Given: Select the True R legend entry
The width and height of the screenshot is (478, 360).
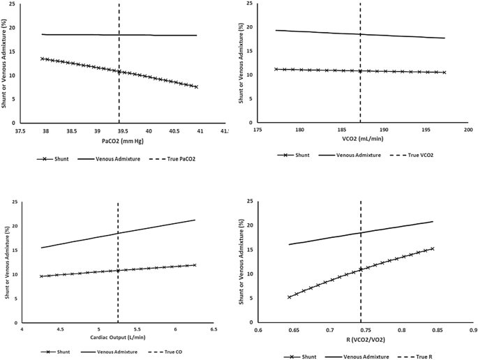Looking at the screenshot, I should point(414,357).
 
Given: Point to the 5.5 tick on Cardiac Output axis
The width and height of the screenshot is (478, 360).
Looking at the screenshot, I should point(137,330).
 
